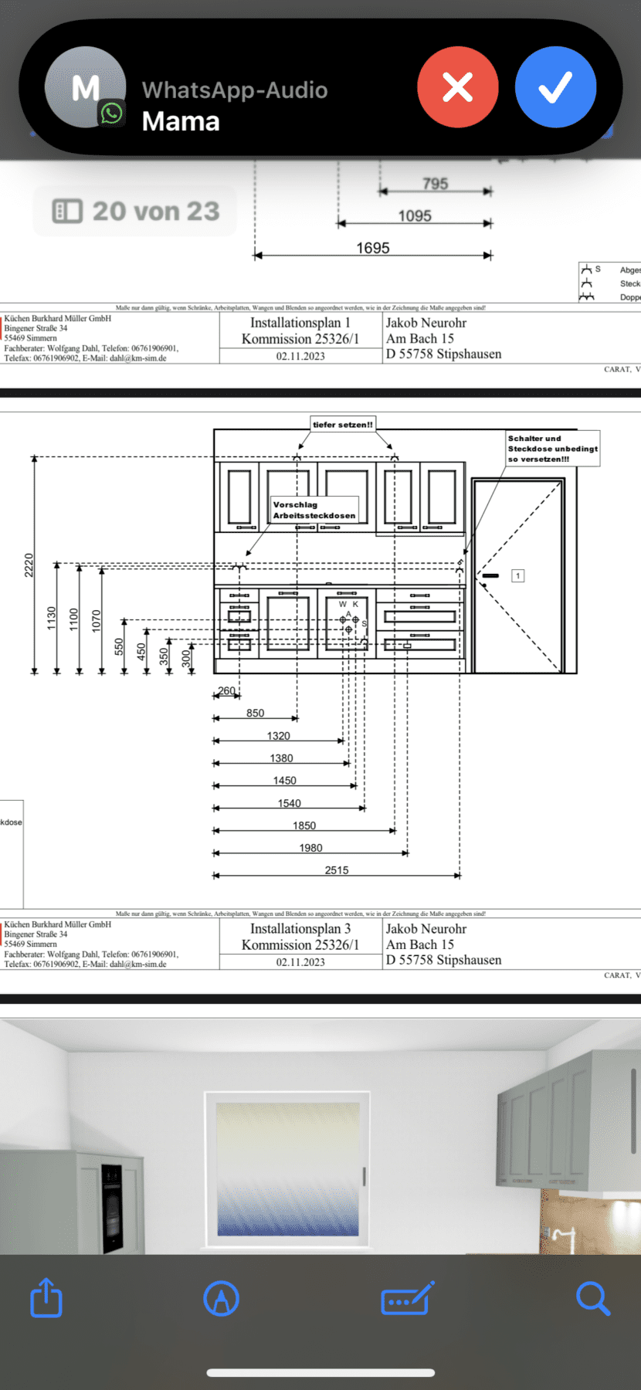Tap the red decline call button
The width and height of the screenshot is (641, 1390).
[x=457, y=86]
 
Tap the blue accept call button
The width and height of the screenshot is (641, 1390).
[x=555, y=86]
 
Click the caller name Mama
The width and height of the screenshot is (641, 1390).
[x=181, y=121]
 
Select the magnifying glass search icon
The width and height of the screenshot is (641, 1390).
[x=592, y=1298]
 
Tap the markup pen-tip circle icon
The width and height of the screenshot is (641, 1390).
[x=221, y=1298]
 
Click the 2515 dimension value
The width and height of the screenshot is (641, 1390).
[x=337, y=870]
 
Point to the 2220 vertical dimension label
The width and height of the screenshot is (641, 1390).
[x=29, y=565]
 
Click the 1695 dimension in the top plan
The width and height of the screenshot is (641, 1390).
[x=373, y=248]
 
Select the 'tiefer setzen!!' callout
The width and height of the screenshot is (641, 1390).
[x=343, y=424]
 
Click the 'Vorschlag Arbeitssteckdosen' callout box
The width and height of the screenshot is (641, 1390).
[x=314, y=510]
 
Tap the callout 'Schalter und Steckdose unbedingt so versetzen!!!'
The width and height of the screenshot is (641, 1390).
[x=552, y=449]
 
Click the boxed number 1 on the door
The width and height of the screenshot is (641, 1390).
[x=518, y=575]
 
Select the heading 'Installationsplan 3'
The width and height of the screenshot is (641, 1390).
[x=300, y=928]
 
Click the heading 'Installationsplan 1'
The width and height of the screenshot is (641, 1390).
[x=300, y=323]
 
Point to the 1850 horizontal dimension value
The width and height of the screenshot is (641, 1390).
[x=304, y=826]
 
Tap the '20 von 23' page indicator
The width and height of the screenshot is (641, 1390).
[x=136, y=211]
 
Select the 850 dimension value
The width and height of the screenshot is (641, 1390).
[x=256, y=713]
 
